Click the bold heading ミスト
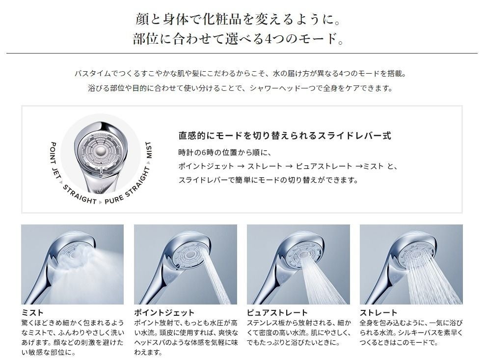coord(32,313)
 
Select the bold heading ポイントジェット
coord(164,313)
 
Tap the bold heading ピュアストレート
coord(277,313)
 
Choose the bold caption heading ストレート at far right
coord(378,313)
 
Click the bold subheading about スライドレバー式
coord(285,136)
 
